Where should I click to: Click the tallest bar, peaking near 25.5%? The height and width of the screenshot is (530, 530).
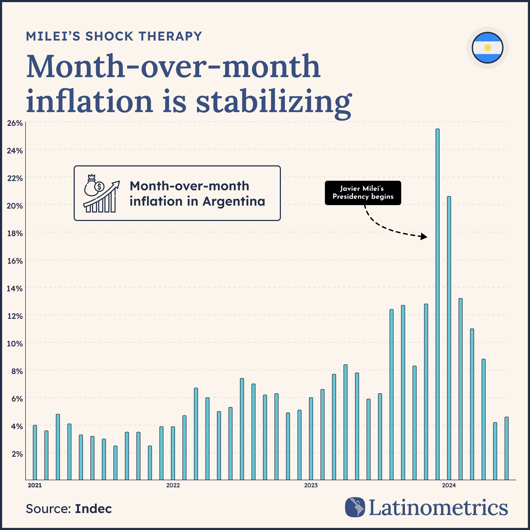pyautogui.click(x=437, y=304)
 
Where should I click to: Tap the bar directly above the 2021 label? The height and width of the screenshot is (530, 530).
pyautogui.click(x=35, y=453)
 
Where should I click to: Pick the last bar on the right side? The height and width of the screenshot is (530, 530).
pyautogui.click(x=506, y=448)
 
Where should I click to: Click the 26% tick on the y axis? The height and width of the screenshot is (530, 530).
pyautogui.click(x=15, y=123)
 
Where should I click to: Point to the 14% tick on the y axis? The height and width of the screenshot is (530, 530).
pyautogui.click(x=15, y=289)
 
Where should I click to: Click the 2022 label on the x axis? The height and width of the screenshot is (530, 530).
pyautogui.click(x=173, y=485)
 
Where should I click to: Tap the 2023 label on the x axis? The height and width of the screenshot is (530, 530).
pyautogui.click(x=311, y=485)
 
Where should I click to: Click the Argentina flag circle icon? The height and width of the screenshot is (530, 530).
pyautogui.click(x=487, y=48)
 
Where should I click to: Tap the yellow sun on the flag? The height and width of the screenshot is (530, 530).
pyautogui.click(x=487, y=48)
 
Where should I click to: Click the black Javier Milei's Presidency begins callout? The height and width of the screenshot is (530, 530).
pyautogui.click(x=363, y=193)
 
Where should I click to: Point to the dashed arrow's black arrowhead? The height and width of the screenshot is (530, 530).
pyautogui.click(x=424, y=236)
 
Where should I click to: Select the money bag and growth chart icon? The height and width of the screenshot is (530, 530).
pyautogui.click(x=101, y=193)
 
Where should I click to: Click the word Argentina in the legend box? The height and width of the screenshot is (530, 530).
pyautogui.click(x=234, y=202)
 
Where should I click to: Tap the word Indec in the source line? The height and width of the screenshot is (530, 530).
pyautogui.click(x=93, y=509)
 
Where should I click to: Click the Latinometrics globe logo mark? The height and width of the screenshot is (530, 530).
pyautogui.click(x=355, y=507)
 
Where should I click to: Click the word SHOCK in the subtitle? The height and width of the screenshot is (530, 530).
pyautogui.click(x=109, y=37)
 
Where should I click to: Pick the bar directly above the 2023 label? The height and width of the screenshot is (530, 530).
pyautogui.click(x=311, y=439)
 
